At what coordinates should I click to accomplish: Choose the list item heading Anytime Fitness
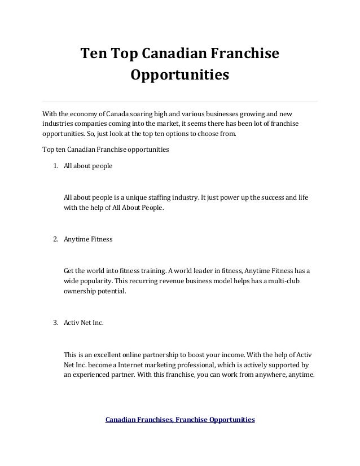tap(88, 239)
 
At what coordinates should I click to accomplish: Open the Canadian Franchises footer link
tap(139, 420)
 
